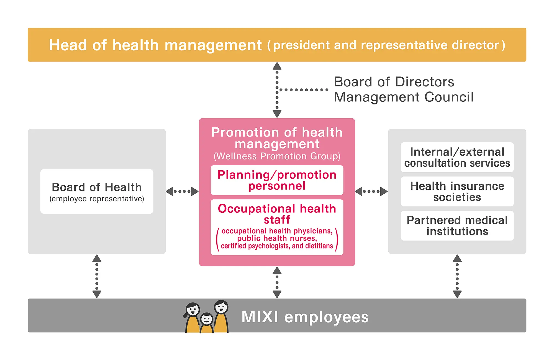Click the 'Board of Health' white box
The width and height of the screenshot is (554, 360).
97,191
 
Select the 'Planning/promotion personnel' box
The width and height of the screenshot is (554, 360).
277,180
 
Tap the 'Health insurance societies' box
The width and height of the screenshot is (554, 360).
457,191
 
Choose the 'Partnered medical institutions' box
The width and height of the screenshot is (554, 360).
457,226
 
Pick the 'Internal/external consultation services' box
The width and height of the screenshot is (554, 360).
457,157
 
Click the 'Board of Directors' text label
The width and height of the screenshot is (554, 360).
394,82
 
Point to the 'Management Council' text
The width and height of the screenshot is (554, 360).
404,97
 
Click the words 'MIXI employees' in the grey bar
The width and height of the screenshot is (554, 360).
305,317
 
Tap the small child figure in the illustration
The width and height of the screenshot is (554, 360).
207,323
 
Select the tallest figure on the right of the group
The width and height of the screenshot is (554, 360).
221,316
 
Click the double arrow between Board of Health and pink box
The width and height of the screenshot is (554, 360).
182,191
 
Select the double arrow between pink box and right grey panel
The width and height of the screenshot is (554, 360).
371,191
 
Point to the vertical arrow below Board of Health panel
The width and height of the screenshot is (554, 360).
97,276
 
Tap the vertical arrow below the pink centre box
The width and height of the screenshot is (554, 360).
277,282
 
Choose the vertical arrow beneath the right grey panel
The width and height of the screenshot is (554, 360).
457,276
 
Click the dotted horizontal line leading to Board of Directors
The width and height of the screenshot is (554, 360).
304,90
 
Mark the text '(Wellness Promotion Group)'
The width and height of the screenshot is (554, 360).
277,156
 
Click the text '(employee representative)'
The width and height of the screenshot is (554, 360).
97,199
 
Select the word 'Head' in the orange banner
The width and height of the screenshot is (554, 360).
68,45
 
